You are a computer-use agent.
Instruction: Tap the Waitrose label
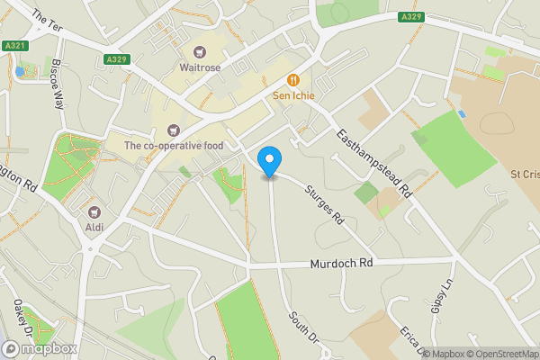[x=201, y=67]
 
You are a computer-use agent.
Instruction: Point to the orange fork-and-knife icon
[x=292, y=79]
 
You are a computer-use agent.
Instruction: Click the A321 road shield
[x=13, y=45]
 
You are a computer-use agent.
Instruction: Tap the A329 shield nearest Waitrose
[x=115, y=59]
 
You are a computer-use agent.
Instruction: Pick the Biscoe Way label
[x=58, y=85]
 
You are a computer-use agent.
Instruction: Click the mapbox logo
[x=40, y=348]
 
